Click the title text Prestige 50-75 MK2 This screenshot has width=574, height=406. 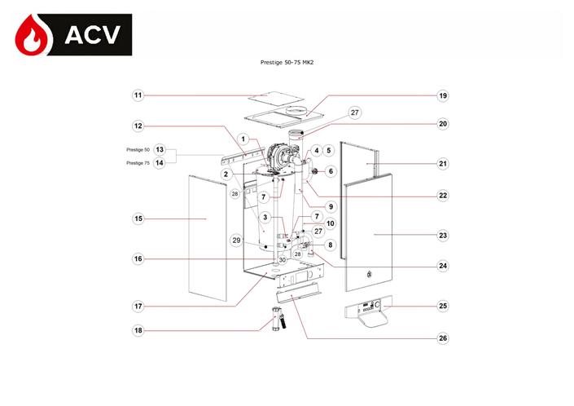tap(287, 61)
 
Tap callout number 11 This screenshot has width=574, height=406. tap(138, 95)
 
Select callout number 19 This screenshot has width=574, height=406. tap(443, 95)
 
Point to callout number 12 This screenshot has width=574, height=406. tap(138, 126)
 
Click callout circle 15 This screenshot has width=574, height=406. tap(138, 218)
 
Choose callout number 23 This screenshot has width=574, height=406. tap(443, 235)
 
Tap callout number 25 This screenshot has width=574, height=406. tap(443, 307)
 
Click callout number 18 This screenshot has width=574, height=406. tap(138, 330)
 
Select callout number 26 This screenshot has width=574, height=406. tap(443, 338)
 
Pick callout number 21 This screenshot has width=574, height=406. tap(443, 163)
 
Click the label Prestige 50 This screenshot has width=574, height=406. tap(138, 150)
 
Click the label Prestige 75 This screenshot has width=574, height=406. tap(138, 162)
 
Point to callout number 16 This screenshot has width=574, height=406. tap(138, 258)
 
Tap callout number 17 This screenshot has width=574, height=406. tap(138, 306)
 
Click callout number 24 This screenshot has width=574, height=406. tap(443, 265)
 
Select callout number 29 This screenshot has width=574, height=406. tap(236, 241)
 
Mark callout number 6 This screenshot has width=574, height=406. tap(331, 171)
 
